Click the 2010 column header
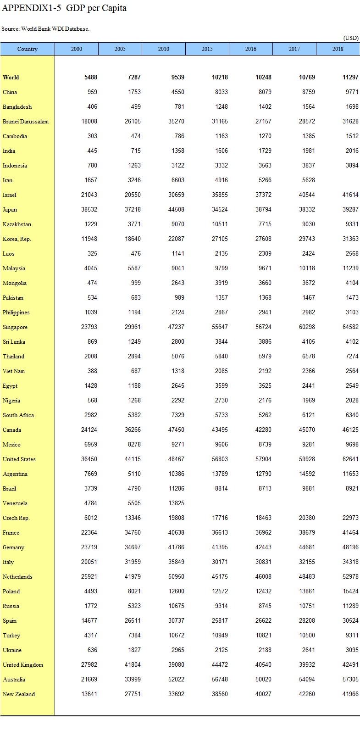[163, 49]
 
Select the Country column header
[28, 49]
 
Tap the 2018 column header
[338, 49]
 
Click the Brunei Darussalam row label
[25, 122]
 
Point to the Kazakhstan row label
[17, 224]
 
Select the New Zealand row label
[18, 694]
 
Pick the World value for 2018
[350, 78]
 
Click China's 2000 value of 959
[92, 92]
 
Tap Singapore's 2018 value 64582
[349, 327]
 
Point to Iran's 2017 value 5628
[307, 180]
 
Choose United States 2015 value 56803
[219, 459]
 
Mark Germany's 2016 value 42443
[263, 547]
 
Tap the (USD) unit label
[351, 38]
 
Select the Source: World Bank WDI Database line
[45, 29]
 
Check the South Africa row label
[18, 415]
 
